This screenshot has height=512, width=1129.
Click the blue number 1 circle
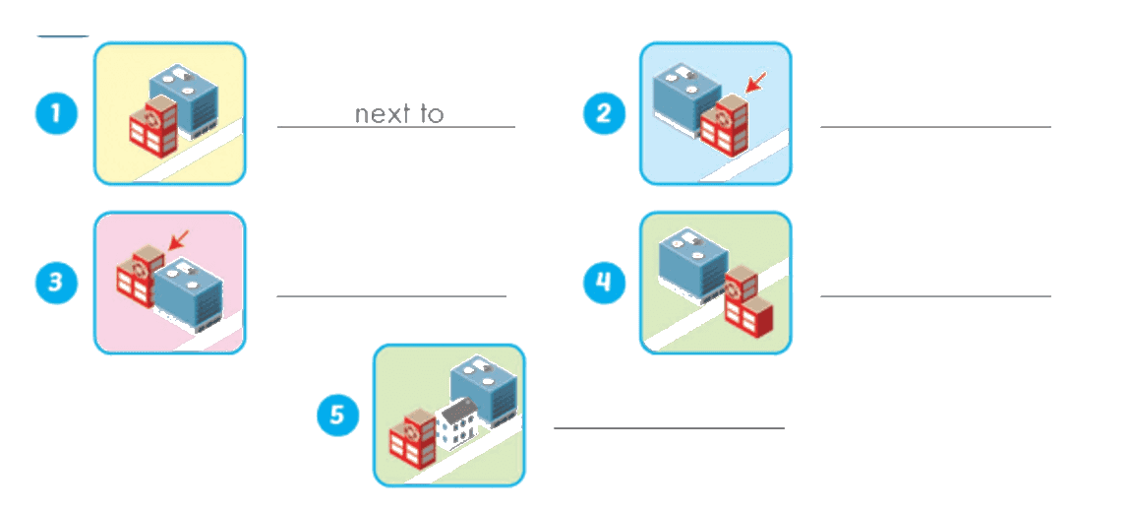57,114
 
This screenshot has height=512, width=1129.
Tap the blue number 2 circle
604,114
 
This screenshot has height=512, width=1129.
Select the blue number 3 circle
57,282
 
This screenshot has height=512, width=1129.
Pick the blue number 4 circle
604,282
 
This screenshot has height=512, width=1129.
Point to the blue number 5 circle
339,416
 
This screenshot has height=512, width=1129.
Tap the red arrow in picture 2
756,82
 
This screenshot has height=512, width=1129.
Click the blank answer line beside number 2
935,127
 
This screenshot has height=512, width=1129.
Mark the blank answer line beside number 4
935,295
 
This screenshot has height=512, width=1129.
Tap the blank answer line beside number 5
669,428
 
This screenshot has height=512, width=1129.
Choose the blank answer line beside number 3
391,295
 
